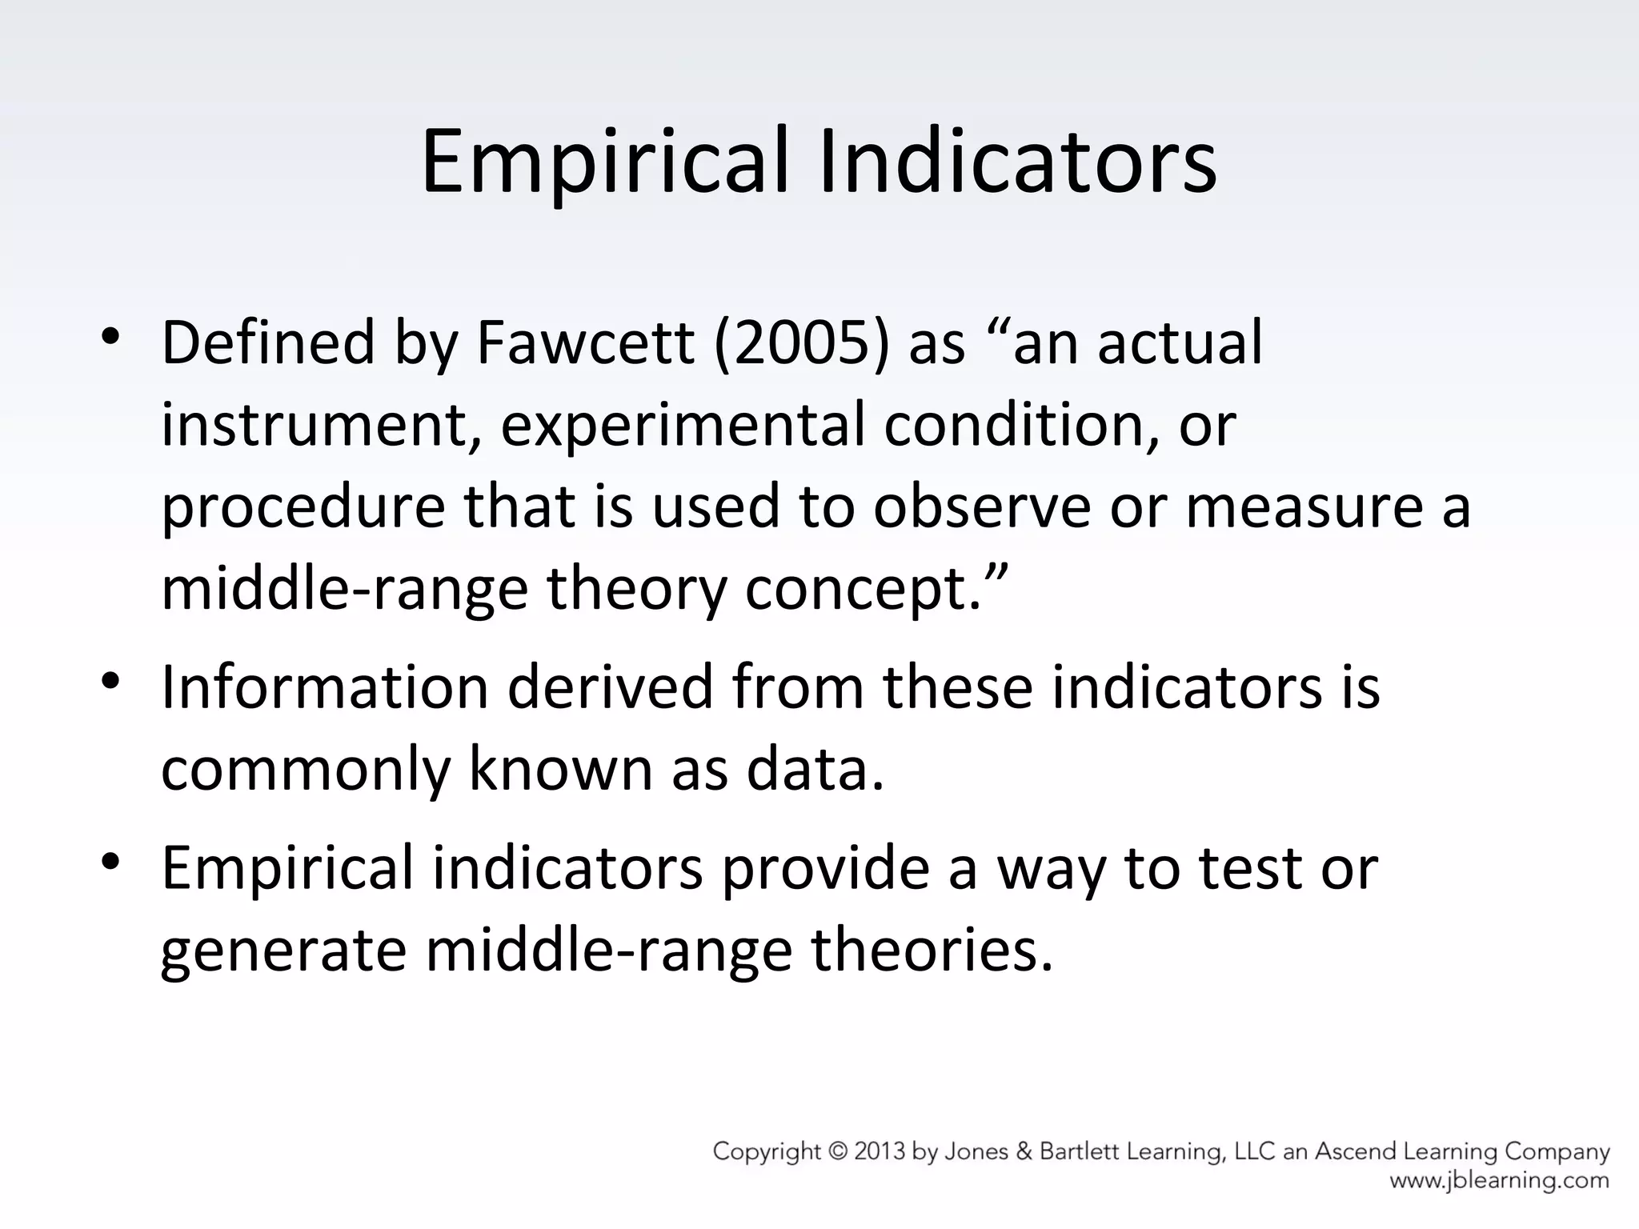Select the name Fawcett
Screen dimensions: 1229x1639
pos(585,343)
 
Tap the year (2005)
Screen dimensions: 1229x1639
pos(802,343)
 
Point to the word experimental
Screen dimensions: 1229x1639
pos(683,426)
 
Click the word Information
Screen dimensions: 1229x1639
pos(324,687)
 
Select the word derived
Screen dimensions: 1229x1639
pos(609,687)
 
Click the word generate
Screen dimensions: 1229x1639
pos(283,952)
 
